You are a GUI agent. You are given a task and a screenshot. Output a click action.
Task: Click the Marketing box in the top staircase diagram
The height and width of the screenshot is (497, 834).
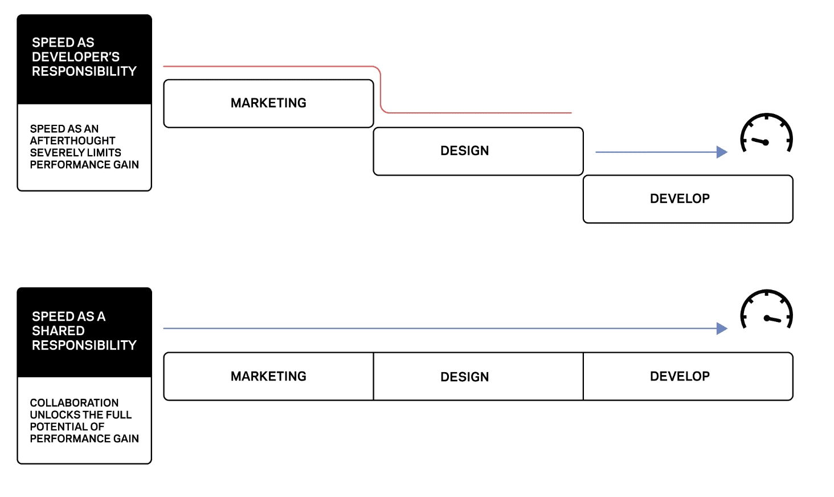point(268,103)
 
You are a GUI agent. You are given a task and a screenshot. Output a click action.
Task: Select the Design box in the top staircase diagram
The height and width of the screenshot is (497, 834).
point(477,151)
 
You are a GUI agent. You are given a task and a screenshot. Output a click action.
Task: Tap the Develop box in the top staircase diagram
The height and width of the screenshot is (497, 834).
point(688,199)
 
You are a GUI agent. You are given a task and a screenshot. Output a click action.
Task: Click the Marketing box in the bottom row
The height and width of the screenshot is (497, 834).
point(268,376)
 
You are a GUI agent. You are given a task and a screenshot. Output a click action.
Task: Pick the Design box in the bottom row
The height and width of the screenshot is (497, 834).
point(477,377)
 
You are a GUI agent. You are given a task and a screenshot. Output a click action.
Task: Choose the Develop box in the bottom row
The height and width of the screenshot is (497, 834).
point(688,376)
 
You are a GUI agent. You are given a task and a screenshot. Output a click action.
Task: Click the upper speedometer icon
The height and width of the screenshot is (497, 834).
point(766,133)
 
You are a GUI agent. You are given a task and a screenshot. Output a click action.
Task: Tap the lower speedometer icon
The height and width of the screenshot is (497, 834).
point(766,310)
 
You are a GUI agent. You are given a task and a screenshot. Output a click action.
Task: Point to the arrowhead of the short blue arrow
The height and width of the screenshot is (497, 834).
point(722,152)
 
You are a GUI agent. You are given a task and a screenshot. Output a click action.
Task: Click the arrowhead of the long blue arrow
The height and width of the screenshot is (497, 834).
point(722,328)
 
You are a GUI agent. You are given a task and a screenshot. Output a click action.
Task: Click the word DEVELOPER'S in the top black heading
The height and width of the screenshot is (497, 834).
point(76,57)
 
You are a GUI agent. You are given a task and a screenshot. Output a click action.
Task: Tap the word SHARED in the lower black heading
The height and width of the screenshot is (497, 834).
point(58,331)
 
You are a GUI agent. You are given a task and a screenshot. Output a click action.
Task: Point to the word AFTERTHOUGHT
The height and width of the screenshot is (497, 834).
point(72,141)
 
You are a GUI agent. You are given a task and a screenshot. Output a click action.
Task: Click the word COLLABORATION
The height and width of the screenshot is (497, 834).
point(74,403)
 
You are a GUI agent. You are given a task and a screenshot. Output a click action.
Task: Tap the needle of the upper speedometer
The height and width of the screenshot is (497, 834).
point(759,141)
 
